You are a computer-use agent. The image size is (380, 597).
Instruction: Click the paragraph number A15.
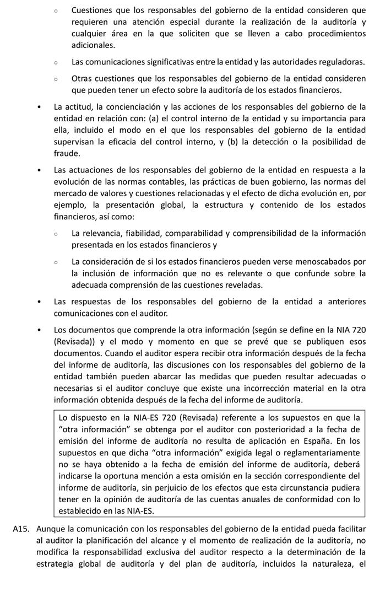(21, 529)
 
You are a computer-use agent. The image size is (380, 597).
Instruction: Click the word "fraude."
(67, 153)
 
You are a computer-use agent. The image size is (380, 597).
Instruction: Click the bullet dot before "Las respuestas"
(39, 302)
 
